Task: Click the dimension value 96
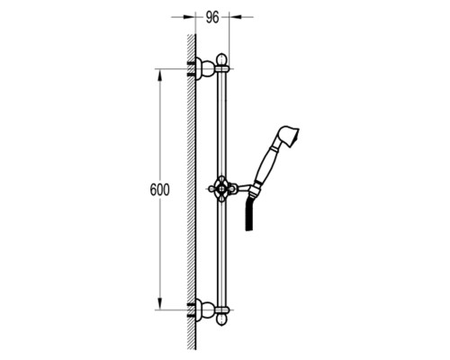point(212,18)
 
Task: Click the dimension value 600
point(159,190)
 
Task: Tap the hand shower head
point(288,137)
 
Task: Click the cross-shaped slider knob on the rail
point(221,189)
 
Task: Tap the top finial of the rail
point(221,59)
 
